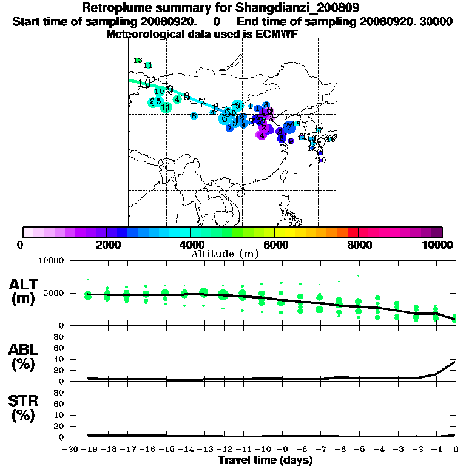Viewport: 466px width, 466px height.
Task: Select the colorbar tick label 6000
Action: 274,245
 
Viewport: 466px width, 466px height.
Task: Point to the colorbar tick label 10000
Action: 438,245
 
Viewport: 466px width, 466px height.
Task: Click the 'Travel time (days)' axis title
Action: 265,460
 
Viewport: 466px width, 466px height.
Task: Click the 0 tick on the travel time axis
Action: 456,450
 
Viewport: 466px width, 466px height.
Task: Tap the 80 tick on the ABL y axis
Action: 59,336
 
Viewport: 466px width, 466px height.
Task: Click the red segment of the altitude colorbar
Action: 353,232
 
